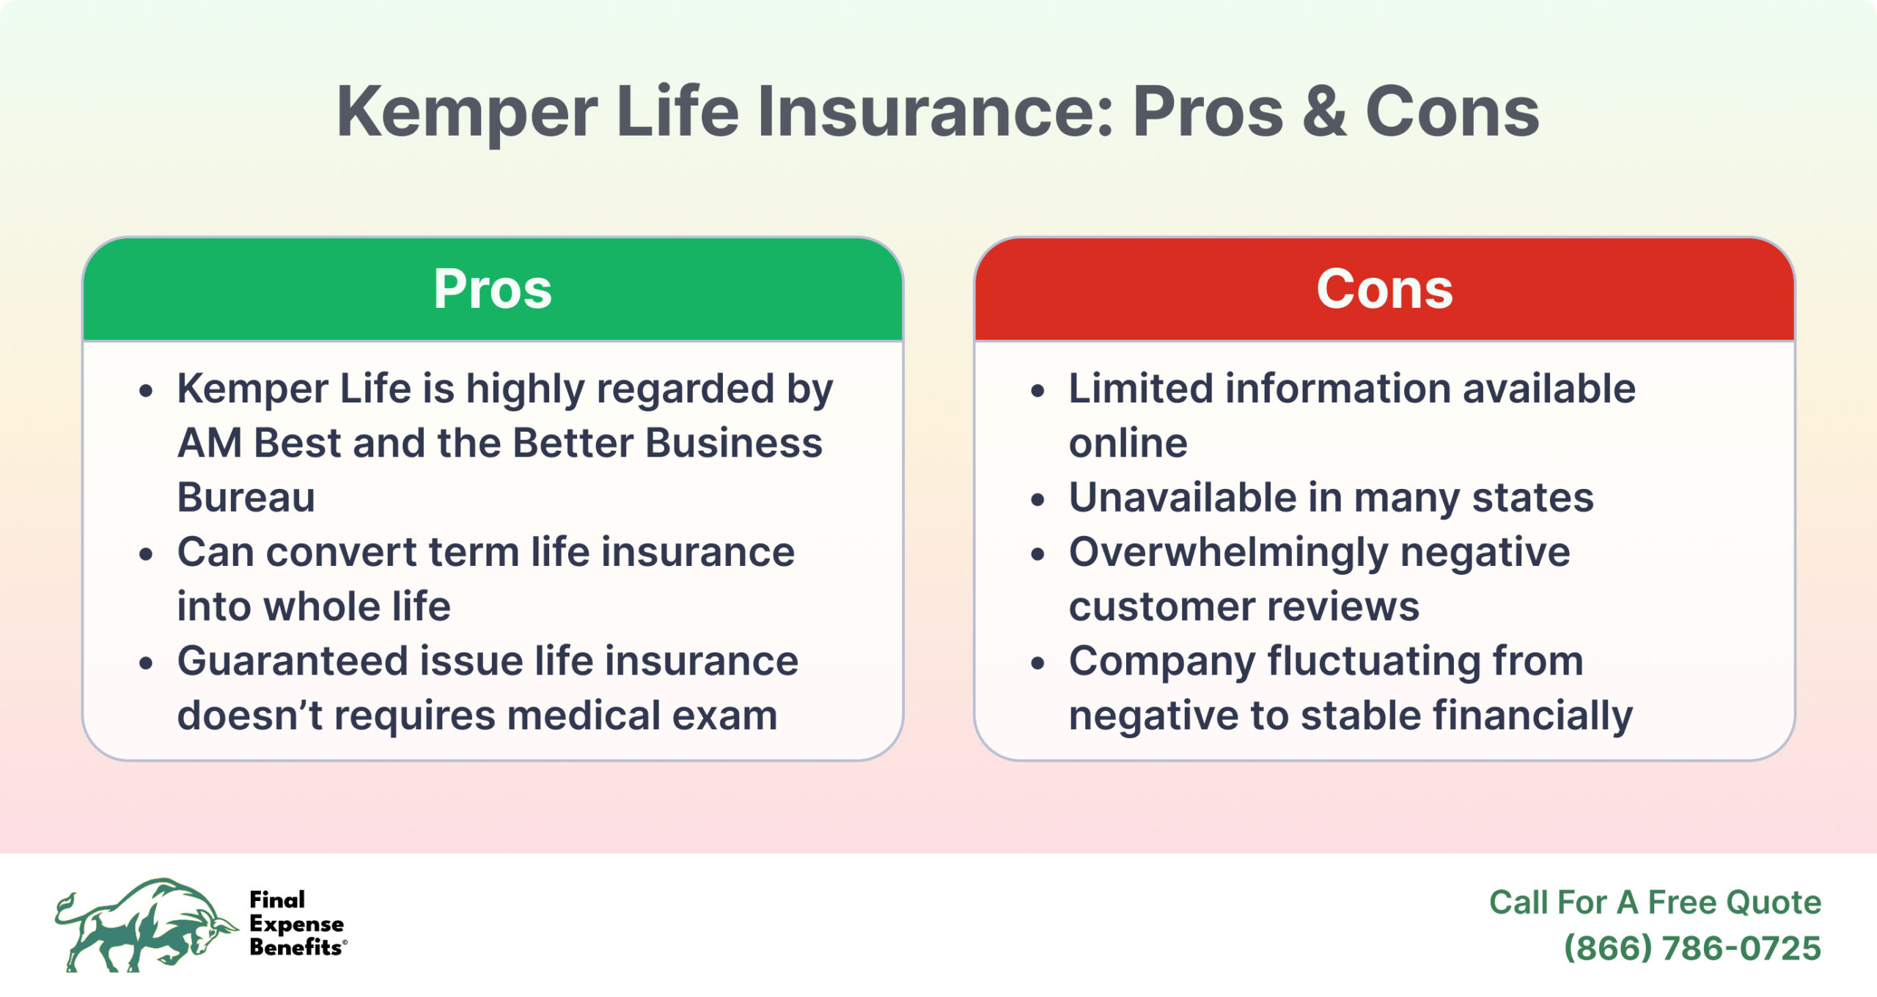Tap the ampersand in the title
[1324, 112]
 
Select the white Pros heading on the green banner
[492, 289]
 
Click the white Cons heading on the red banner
[1384, 289]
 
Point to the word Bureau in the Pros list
[246, 497]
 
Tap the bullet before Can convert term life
[147, 554]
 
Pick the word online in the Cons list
[1128, 443]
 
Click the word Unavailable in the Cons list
[1183, 497]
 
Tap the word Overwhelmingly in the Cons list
[1228, 552]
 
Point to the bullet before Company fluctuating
[1037, 663]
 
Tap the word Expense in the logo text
[296, 924]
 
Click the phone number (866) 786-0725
[1691, 948]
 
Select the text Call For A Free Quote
[1655, 902]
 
